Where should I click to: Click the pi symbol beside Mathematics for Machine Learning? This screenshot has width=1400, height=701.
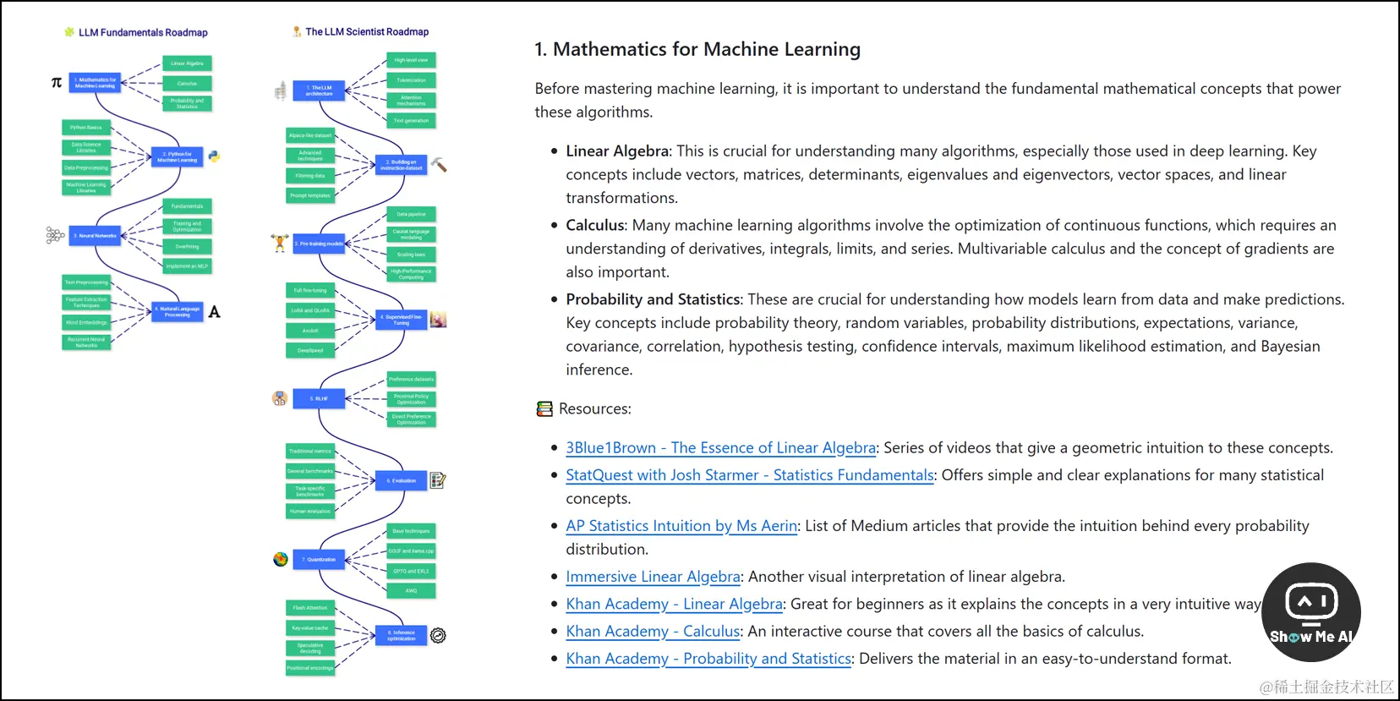pos(57,83)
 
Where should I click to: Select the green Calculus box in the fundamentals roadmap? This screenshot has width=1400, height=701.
pos(187,84)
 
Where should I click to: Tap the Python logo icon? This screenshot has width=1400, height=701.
pos(215,156)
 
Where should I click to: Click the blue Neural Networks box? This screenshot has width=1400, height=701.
pos(96,236)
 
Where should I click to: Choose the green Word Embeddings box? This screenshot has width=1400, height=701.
pos(86,322)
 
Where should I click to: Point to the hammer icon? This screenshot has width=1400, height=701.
pos(439,164)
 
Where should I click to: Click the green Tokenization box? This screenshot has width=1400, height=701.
pos(411,80)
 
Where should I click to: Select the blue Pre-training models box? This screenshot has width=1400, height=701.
pos(319,244)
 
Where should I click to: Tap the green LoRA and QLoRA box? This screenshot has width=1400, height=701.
pos(310,310)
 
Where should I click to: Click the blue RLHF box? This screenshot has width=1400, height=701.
pos(319,398)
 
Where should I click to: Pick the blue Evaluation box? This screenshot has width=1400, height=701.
pos(402,480)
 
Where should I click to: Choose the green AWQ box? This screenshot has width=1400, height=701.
pos(411,591)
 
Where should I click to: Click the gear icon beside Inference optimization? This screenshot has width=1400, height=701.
pos(438,635)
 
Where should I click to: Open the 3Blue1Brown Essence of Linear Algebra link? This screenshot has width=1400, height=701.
pos(720,448)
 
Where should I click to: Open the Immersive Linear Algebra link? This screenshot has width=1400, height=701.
pos(653,577)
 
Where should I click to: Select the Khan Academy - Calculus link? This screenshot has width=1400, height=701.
pos(653,632)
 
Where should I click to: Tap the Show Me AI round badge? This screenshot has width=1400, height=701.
pos(1310,612)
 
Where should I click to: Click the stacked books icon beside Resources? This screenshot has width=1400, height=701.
pos(544,409)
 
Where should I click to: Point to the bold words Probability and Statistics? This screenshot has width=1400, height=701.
pos(653,299)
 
